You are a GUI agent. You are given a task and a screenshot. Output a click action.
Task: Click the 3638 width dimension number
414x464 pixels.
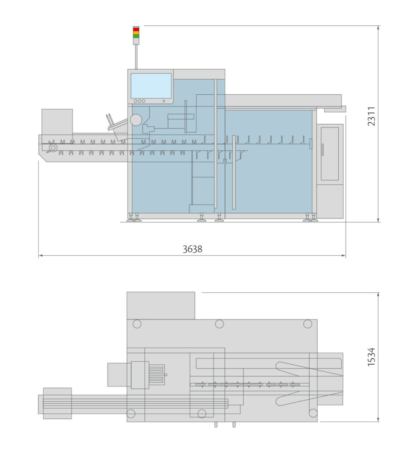click(192, 249)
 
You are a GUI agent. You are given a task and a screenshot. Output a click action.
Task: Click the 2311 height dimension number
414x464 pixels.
click(371, 116)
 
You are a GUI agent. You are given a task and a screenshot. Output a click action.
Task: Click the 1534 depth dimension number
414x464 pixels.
click(371, 357)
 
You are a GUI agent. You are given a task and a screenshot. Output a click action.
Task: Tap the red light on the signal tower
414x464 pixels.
click(136, 29)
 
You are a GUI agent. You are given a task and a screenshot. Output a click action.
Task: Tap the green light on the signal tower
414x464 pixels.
click(136, 36)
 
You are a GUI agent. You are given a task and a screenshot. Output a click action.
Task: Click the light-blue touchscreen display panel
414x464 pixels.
click(151, 86)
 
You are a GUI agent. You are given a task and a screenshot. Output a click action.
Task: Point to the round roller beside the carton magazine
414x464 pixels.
click(136, 120)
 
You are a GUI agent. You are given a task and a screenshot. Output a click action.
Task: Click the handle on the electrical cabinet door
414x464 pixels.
click(322, 150)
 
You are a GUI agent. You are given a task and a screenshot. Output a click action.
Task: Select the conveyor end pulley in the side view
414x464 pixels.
click(53, 148)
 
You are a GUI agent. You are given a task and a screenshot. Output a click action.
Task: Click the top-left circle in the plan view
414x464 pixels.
click(137, 324)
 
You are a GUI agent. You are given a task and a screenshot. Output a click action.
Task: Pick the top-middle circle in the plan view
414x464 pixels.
click(219, 324)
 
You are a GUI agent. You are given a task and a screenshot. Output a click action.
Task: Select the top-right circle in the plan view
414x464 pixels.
click(307, 324)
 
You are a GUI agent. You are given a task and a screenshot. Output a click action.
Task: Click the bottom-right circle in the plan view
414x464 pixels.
click(313, 413)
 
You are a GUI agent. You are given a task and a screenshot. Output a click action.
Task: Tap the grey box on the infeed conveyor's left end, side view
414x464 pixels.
click(57, 121)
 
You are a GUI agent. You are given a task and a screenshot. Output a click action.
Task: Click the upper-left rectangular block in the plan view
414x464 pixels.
click(161, 305)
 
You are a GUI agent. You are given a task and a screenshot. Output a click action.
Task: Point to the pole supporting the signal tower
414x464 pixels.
click(136, 57)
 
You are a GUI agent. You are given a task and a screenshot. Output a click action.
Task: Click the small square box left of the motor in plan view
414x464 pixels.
click(119, 375)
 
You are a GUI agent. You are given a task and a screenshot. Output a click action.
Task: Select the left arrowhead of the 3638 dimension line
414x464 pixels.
click(40, 256)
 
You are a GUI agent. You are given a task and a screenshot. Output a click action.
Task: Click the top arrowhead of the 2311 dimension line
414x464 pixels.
click(378, 28)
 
